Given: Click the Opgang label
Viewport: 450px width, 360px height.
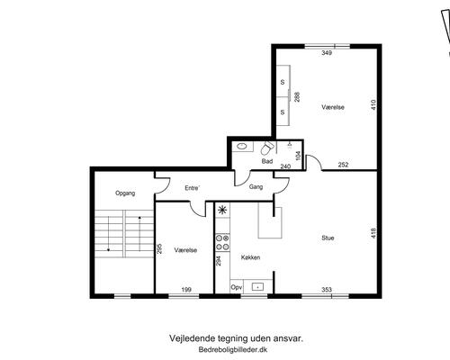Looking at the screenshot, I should [x=124, y=193].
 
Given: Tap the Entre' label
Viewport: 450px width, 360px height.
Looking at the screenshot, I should [x=192, y=188].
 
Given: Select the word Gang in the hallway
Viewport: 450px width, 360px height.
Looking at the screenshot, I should [x=256, y=187].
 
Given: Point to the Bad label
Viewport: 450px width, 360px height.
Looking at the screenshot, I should [x=266, y=162].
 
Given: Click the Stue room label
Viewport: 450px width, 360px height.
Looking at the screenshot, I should [x=328, y=238].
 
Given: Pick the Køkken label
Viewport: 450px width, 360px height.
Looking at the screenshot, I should [x=251, y=257].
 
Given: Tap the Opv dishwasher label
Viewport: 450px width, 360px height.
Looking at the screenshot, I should [x=237, y=287].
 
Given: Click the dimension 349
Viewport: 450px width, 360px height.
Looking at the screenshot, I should [x=327, y=54].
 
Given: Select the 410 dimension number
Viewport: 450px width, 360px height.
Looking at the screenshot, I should [x=373, y=105].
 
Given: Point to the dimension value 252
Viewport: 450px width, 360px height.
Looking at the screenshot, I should [x=343, y=166].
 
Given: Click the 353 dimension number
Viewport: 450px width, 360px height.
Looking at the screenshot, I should [x=327, y=290].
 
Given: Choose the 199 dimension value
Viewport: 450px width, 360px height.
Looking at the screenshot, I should [x=185, y=290].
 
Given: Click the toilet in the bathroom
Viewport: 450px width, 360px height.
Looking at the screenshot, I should [x=266, y=149].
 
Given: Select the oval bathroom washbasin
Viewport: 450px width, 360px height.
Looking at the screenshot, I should [x=242, y=146].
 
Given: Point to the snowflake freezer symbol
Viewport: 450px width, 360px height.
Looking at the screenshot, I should [x=222, y=211].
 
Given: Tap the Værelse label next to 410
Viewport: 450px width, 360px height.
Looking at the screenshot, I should [x=333, y=107].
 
